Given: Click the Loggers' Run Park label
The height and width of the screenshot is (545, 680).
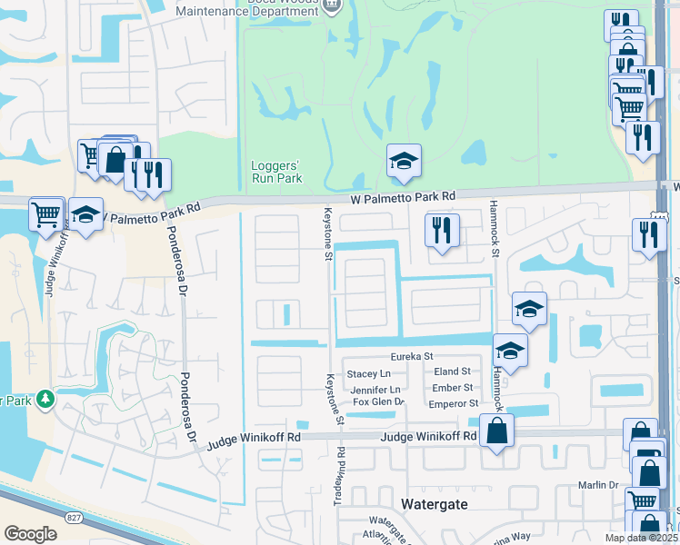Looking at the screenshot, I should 275,172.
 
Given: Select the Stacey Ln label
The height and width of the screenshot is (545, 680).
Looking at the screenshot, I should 368,373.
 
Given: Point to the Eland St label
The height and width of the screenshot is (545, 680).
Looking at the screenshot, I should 452,372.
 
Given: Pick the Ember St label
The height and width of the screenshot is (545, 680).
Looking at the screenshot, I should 453,388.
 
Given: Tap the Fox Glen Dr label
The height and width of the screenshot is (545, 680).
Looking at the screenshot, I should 377,402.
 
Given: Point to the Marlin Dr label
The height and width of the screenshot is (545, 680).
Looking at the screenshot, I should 598,485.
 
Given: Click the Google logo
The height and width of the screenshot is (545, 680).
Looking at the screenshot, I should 30,534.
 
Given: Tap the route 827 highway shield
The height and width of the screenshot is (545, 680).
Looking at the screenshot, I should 72,517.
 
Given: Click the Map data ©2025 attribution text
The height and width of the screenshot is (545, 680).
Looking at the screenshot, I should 639,538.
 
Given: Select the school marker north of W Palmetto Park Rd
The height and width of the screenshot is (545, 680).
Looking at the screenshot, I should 404,162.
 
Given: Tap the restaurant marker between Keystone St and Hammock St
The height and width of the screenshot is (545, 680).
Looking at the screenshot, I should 442,230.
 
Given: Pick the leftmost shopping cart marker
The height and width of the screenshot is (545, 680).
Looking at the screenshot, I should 46,215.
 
